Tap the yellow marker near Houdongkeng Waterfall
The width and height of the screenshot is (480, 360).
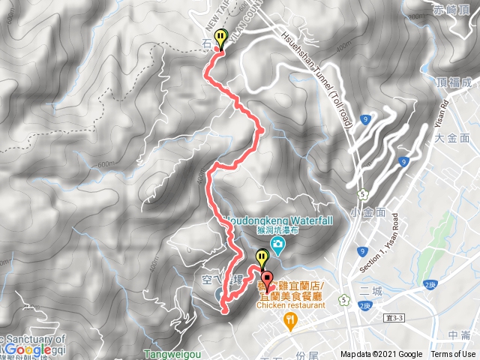[x=261, y=259]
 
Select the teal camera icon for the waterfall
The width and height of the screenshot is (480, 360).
[x=278, y=245]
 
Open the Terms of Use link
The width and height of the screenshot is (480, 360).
[x=453, y=355]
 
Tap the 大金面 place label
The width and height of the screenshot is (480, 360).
[x=451, y=138]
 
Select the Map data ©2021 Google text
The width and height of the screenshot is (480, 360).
[x=380, y=355]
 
